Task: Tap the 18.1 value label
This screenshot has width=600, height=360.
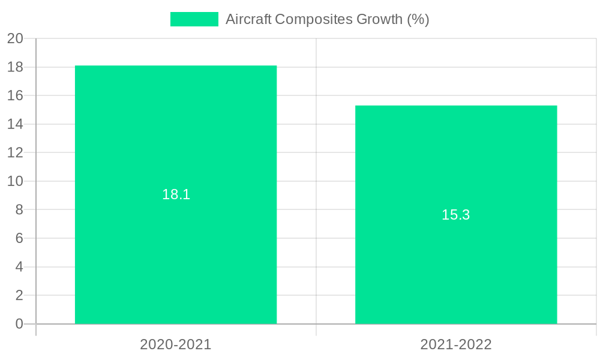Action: (176, 194)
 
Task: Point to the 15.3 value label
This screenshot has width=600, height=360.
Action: (456, 215)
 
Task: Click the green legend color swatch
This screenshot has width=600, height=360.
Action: (194, 19)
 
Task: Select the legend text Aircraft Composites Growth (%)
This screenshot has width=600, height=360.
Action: (327, 19)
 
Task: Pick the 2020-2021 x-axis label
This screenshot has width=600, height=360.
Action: (176, 344)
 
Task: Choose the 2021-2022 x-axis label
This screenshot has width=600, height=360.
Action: (456, 344)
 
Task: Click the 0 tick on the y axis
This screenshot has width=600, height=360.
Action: (19, 324)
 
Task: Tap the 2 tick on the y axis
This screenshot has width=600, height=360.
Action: (19, 295)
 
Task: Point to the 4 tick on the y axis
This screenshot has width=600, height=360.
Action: (19, 267)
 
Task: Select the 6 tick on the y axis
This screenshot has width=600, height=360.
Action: (19, 238)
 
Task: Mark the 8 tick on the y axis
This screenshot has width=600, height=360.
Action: (19, 210)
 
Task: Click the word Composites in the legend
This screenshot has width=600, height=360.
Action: (314, 19)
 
